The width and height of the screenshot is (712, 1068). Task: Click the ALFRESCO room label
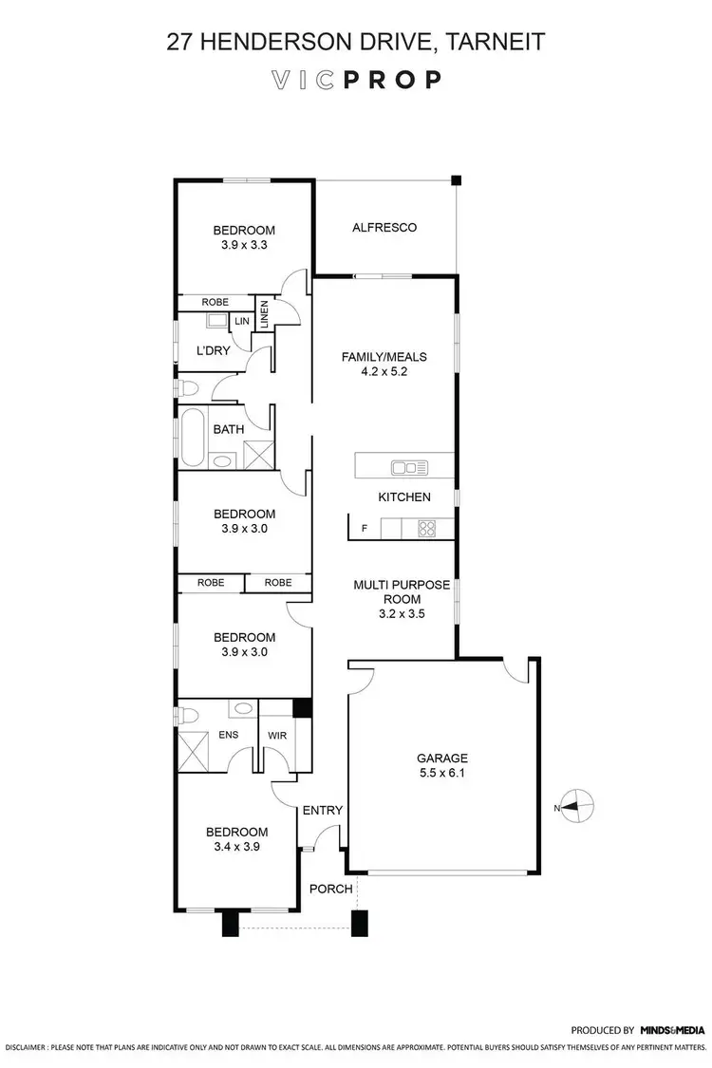[x=384, y=227]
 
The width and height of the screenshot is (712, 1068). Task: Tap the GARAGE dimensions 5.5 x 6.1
[x=442, y=773]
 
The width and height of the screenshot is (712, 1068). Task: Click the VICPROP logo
[x=355, y=80]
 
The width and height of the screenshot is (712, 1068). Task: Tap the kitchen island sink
[x=411, y=466]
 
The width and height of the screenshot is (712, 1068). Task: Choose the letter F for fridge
[x=364, y=529]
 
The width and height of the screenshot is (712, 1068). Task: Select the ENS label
[x=228, y=734]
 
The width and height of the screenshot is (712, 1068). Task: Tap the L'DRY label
[x=214, y=350]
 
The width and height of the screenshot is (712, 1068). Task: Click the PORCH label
[x=331, y=889]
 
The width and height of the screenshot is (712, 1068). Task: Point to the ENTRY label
[x=322, y=810]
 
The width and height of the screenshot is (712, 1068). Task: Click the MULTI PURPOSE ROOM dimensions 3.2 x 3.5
[x=402, y=613]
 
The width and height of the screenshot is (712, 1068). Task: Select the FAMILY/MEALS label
[x=384, y=357]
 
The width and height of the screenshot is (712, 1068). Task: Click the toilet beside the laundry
[x=188, y=388]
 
